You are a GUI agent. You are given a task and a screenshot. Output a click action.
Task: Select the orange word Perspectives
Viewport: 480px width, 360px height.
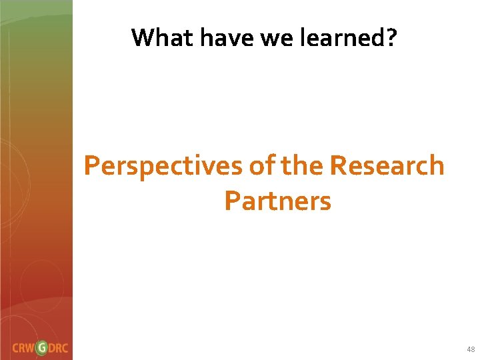(x=163, y=166)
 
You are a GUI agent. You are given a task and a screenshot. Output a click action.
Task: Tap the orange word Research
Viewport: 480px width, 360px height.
(x=387, y=165)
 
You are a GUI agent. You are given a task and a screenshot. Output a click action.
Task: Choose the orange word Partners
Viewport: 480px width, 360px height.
(x=277, y=200)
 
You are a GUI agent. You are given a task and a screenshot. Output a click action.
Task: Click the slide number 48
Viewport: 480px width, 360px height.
(x=471, y=349)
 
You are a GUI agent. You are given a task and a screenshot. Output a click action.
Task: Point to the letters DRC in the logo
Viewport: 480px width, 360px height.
(x=60, y=348)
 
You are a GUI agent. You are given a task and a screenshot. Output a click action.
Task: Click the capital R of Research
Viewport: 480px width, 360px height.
(x=338, y=165)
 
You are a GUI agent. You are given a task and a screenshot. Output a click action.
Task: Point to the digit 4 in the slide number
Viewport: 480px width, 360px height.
(x=469, y=349)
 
